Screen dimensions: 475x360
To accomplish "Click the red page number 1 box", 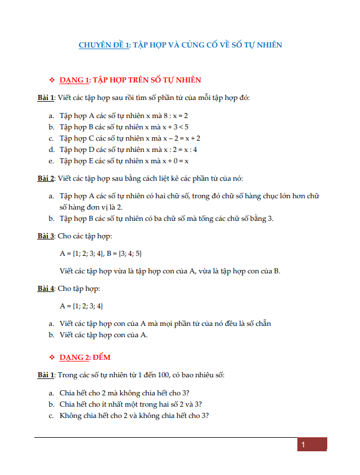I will coord(312,445).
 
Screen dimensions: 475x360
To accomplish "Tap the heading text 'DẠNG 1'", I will coord(74,80).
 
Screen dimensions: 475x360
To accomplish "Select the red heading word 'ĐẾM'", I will coord(102,358).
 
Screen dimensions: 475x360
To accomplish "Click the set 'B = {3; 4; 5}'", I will coord(123,253).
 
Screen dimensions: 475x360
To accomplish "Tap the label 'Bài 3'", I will coord(46,236).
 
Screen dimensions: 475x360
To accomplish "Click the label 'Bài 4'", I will coord(46,289).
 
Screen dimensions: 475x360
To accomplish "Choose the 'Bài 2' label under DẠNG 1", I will coord(46,178).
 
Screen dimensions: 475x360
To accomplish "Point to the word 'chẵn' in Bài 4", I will coord(262,324).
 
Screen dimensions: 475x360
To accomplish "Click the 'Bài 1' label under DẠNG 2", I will coord(46,375).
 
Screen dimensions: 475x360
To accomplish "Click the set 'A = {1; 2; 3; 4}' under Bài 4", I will coord(81,306).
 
